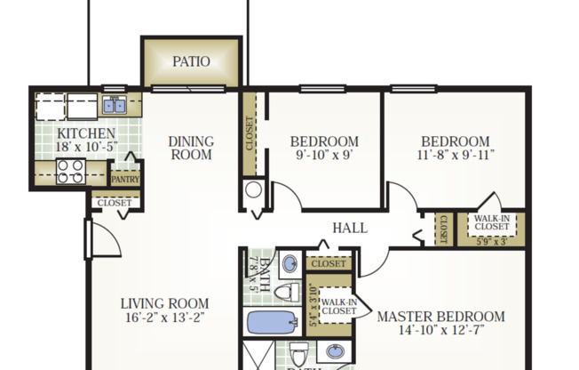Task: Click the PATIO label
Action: coord(191,62)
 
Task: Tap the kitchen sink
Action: coord(114,106)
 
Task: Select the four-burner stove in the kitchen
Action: coord(70,171)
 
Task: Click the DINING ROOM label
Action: coord(191,148)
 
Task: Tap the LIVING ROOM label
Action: coord(165,303)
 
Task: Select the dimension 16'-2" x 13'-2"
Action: coord(165,318)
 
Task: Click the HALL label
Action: coord(350,228)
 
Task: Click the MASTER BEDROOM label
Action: coord(440,317)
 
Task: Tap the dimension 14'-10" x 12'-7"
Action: coord(440,332)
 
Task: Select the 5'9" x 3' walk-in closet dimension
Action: coord(490,240)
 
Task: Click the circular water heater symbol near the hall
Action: coord(253,189)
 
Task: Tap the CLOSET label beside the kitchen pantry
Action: coord(115,203)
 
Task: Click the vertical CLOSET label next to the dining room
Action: coord(250,133)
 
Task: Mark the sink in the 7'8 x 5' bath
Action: coord(290,264)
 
